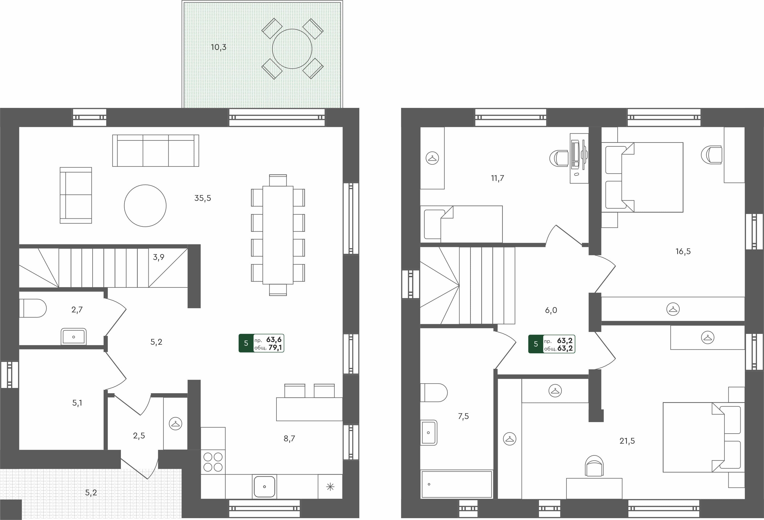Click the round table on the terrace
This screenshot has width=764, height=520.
292,49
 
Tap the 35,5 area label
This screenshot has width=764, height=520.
202,198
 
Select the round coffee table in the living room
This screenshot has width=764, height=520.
145,206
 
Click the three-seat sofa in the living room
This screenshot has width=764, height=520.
156,150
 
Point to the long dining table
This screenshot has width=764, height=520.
278,235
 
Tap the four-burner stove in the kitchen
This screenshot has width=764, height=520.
213,462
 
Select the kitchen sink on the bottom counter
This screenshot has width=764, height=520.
264,486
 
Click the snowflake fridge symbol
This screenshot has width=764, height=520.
330,487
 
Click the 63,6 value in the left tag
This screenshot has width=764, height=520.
274,340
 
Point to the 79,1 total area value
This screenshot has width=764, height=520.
275,348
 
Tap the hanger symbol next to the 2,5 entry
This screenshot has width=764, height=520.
175,424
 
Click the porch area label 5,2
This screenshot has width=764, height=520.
91,493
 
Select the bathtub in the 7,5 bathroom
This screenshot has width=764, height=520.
457,484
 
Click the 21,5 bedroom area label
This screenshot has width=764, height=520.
627,441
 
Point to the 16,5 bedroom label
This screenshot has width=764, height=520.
683,251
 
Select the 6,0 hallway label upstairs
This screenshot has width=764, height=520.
551,310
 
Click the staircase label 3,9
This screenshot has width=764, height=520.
158,257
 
